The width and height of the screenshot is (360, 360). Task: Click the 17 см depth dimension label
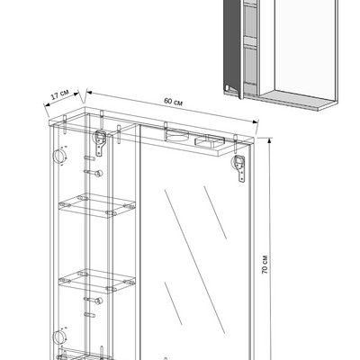pyautogui.click(x=60, y=94)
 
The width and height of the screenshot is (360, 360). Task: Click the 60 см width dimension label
pyautogui.click(x=173, y=102)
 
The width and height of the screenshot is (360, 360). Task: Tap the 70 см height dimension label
pyautogui.click(x=265, y=265)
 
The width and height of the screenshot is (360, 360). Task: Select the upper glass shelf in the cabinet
pyautogui.click(x=96, y=205)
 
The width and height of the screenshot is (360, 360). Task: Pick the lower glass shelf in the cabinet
pyautogui.click(x=96, y=281)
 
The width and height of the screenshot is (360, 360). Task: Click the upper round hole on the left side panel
pyautogui.click(x=58, y=157)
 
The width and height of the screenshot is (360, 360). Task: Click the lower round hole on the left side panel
pyautogui.click(x=58, y=337)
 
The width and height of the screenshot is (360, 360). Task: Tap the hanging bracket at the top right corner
pyautogui.click(x=240, y=168)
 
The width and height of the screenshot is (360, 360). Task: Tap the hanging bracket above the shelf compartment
pyautogui.click(x=100, y=143)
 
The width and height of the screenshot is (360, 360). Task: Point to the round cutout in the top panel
pyautogui.click(x=177, y=135)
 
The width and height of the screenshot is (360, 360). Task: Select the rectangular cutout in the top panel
pyautogui.click(x=210, y=141)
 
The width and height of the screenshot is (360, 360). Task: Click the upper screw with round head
pyautogui.click(x=94, y=173)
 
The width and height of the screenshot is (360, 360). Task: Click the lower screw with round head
pyautogui.click(x=94, y=301)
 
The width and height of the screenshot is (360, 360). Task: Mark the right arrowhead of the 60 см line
pyautogui.click(x=256, y=121)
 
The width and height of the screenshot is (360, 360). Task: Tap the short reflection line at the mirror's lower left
pyautogui.click(x=173, y=303)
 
